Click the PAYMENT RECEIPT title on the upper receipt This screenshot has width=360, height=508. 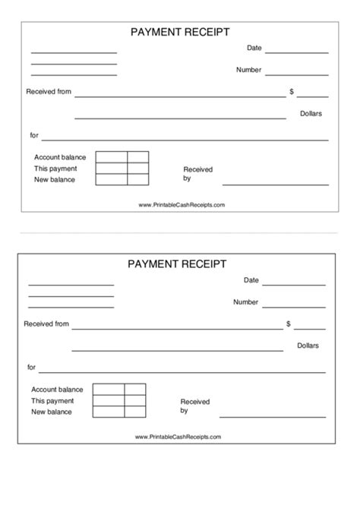[x=180, y=32]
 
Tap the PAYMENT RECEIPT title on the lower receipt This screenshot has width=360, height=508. [x=177, y=264]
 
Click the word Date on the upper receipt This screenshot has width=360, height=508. [x=254, y=48]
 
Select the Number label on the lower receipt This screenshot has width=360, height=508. [x=245, y=302]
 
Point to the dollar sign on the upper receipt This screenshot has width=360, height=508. [x=292, y=92]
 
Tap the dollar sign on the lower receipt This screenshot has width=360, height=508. [x=289, y=324]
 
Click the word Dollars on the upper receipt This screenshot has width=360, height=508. [x=311, y=113]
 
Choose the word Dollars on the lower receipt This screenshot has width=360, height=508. [x=308, y=346]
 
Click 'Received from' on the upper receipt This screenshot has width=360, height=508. [x=49, y=92]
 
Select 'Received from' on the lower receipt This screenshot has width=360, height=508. [x=46, y=324]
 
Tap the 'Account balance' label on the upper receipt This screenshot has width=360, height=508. [x=60, y=157]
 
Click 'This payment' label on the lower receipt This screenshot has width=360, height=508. [x=52, y=401]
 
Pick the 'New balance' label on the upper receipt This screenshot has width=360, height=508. [x=54, y=179]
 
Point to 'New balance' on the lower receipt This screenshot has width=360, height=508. [x=52, y=412]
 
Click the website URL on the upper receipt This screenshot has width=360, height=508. [x=182, y=205]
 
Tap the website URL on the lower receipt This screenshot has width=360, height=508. [x=178, y=437]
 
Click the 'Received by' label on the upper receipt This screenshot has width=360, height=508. [x=197, y=174]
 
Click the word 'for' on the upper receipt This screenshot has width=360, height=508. [x=34, y=135]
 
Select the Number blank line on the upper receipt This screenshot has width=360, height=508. [x=298, y=74]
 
